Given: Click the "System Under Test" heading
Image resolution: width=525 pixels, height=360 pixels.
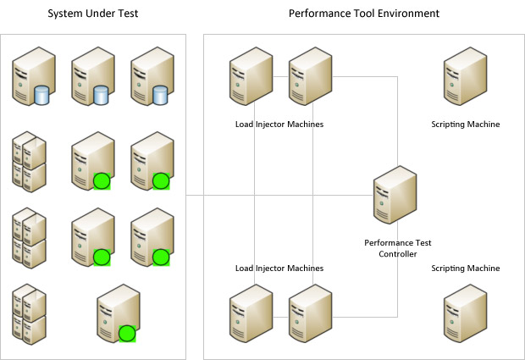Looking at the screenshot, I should click(92, 14).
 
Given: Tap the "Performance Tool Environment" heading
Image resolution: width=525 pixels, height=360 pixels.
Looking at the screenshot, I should click(364, 14).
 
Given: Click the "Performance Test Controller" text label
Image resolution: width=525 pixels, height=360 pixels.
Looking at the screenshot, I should click(397, 248).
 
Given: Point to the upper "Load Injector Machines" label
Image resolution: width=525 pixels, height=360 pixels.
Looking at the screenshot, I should click(279, 125).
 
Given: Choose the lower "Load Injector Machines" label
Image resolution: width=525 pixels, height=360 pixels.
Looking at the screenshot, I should click(279, 269).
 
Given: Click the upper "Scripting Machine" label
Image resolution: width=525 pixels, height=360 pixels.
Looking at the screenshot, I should click(465, 125).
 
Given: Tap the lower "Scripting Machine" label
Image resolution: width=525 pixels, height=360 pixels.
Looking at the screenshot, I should click(465, 269).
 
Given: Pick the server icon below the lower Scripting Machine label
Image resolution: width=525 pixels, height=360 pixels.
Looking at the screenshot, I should click(465, 311).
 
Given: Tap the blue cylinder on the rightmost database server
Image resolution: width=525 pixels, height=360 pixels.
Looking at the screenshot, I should click(161, 95).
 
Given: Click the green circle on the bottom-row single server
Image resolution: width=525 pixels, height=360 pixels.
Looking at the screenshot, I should click(127, 333).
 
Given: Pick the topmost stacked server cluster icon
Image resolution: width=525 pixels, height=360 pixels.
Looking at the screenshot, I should click(28, 160).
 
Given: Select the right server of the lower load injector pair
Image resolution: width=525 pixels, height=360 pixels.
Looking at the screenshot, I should click(308, 311).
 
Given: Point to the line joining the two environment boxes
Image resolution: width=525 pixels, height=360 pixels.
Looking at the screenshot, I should click(195, 196).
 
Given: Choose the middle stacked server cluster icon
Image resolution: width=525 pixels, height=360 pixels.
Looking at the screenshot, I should click(28, 237).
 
